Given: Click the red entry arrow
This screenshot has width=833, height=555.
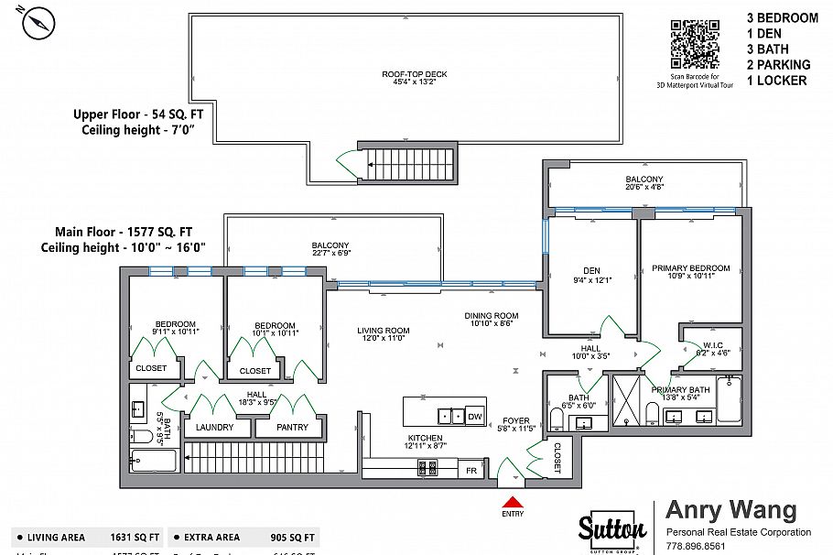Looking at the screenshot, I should (x=514, y=502).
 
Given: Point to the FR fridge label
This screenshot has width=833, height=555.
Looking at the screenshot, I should (x=471, y=470).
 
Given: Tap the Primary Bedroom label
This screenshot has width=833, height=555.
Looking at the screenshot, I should (x=691, y=268).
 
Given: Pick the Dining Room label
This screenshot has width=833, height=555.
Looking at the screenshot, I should (x=494, y=315).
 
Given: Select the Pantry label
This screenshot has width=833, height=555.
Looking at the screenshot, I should (x=287, y=428).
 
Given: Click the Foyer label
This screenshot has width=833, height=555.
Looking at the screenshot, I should (x=516, y=421).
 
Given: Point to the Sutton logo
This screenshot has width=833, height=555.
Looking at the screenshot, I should (x=612, y=529).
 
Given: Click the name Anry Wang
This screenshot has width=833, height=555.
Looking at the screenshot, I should (x=730, y=510).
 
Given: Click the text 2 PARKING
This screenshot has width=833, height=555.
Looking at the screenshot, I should (x=778, y=64).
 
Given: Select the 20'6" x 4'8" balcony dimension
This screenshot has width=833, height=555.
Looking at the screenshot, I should (x=644, y=188).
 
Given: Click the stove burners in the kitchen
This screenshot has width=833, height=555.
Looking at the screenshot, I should (x=427, y=468).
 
